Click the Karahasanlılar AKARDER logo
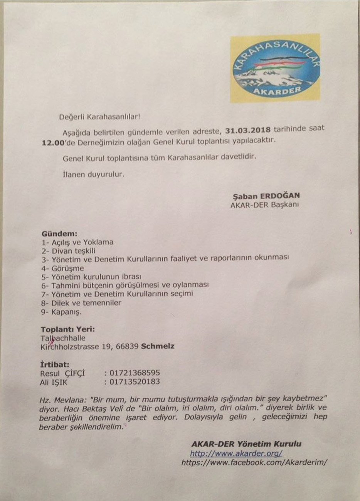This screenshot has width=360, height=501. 275,68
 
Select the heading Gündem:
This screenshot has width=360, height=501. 59,233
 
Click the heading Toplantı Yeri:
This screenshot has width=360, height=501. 67,330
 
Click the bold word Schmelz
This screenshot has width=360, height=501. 158,346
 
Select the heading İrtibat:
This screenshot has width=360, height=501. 55,364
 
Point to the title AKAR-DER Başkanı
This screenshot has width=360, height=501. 264,205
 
